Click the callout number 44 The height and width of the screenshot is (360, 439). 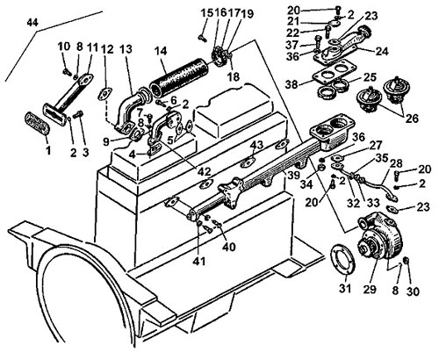coord(32,23)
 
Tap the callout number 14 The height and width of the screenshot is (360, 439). coord(161,51)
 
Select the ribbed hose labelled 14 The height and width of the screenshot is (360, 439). coord(179,77)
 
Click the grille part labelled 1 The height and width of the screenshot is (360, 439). coord(37,124)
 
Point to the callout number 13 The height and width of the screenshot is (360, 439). coord(126,49)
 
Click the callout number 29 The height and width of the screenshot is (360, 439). coord(370,289)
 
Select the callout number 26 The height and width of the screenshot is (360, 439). coord(412,119)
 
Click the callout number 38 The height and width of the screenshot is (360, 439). coord(292,84)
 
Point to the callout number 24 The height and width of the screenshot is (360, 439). coord(382,52)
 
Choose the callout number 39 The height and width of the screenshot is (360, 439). coord(293,175)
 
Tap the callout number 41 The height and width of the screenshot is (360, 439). coord(199,261)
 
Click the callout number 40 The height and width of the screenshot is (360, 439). coord(229,247)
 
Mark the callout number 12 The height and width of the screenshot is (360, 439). coord(107,49)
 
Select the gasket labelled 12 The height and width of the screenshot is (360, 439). coord(105,93)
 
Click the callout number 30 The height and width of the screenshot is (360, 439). coord(413,292)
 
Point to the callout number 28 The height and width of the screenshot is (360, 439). coord(396,163)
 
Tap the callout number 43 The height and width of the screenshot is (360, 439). coord(256,145)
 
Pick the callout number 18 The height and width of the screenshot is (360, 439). coord(234,76)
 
